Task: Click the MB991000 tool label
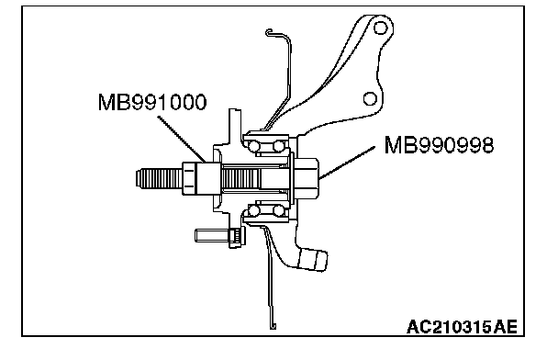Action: pos(152,102)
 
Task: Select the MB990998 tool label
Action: pos(439,145)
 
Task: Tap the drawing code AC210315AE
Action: pos(462,327)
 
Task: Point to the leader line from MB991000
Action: pos(182,139)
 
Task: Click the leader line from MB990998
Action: pos(347,163)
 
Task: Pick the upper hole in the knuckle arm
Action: pos(381,28)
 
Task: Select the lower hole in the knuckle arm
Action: pos(370,98)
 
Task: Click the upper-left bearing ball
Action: pos(254,146)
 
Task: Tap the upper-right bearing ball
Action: pos(279,146)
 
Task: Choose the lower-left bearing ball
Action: pos(254,211)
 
